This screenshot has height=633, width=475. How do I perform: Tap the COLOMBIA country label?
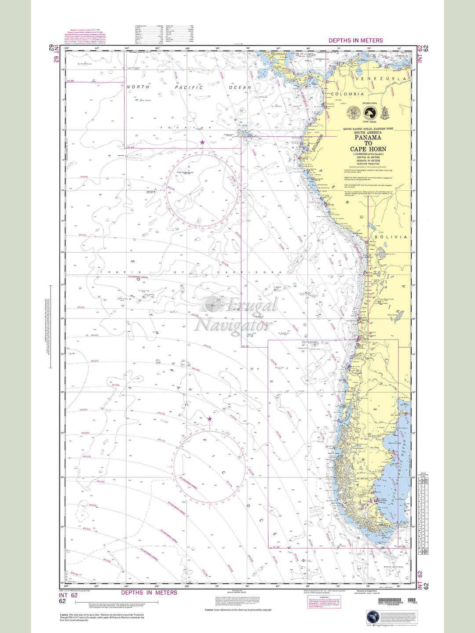click(347, 94)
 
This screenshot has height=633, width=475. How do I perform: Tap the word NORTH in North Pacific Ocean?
click(138, 87)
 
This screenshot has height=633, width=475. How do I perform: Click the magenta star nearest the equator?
click(202, 142)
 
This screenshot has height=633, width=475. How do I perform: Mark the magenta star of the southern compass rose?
click(209, 419)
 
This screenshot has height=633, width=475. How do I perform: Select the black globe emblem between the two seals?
click(370, 113)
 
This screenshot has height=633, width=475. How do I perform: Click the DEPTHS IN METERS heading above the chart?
click(355, 40)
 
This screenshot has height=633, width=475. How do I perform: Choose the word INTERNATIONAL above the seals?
click(369, 103)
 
